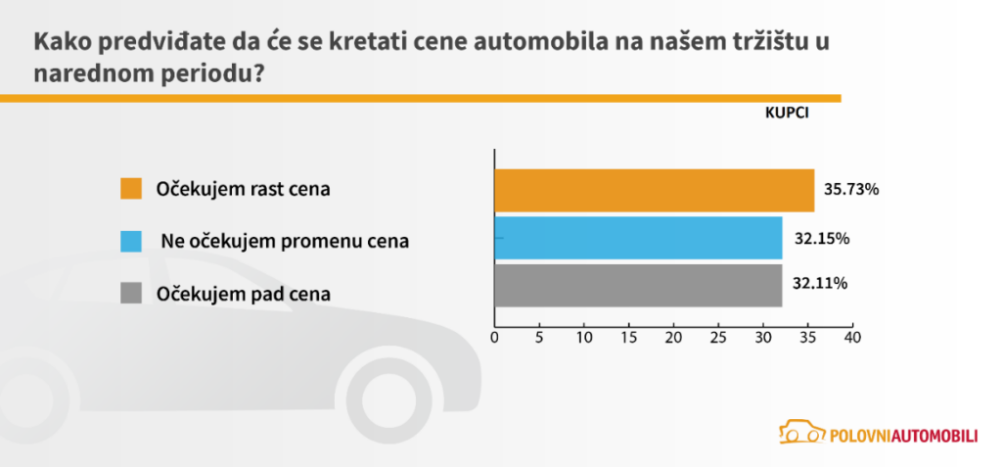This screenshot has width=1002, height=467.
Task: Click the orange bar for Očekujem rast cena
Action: click(654, 190)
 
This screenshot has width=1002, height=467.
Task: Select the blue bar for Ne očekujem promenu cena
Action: click(638, 238)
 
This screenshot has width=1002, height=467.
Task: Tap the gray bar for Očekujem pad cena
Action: click(638, 285)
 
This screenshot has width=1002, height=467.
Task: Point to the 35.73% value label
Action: click(851, 190)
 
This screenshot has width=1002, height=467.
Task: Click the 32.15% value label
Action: click(822, 238)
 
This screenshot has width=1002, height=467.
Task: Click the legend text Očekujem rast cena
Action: click(244, 189)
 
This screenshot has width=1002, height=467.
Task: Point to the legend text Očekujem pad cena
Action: click(244, 293)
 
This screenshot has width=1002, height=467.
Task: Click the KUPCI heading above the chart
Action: click(787, 113)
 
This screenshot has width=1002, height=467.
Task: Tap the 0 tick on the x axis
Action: click(494, 338)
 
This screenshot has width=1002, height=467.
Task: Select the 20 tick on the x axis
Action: click(673, 338)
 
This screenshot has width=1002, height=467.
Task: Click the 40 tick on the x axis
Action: click(852, 338)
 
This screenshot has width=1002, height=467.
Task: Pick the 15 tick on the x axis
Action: click(629, 338)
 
